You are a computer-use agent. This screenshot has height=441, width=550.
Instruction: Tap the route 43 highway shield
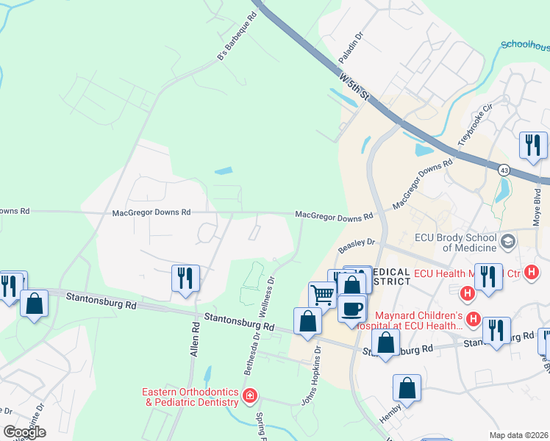coord(504,170)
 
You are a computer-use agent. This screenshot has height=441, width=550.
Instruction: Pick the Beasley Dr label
coord(357,245)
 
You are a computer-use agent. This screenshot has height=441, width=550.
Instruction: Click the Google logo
coord(24,432)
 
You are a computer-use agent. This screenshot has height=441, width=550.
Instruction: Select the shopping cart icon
coord(322,295)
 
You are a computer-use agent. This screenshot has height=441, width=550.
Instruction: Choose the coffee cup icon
coord(352,307)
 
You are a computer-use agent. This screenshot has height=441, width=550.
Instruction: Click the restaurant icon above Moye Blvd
coord(532,145)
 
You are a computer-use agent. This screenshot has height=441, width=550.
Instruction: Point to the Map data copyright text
coord(518,435)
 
